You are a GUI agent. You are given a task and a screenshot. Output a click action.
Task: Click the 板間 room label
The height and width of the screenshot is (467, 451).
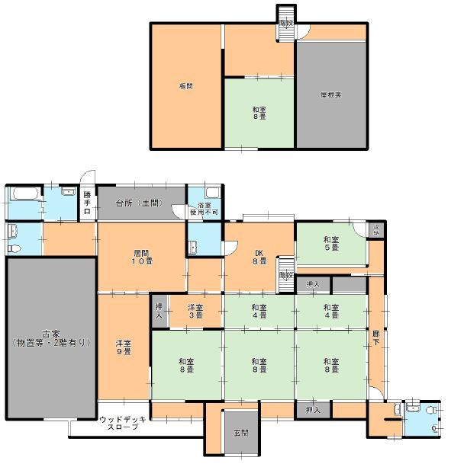185,86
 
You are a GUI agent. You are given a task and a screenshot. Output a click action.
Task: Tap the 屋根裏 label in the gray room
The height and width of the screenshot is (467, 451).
330,94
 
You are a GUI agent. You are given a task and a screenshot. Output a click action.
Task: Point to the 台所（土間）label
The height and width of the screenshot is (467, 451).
139,203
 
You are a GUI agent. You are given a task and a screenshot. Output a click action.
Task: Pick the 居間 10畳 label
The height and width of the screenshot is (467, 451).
142,256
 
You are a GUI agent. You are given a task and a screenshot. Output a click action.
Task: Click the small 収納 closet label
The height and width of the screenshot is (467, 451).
375,229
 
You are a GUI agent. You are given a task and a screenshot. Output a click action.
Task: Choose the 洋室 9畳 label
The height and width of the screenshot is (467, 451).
124,347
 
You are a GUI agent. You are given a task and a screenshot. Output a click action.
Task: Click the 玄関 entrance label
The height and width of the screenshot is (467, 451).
240,433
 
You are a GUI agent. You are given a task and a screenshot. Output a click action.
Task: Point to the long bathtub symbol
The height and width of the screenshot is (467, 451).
22,194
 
